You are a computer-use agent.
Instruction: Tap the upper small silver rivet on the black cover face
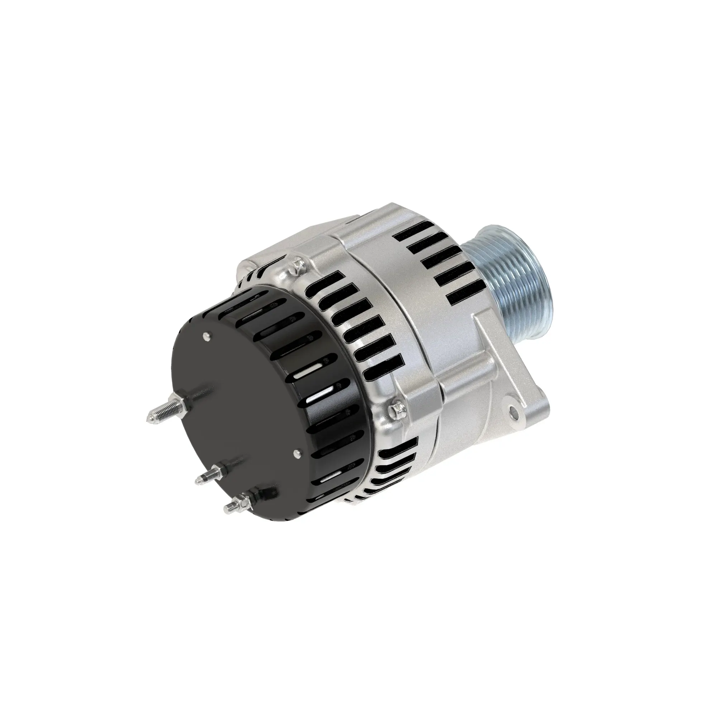pyautogui.click(x=206, y=337)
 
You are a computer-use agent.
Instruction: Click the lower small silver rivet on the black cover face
pyautogui.click(x=296, y=452)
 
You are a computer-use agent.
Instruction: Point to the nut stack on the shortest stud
pyautogui.click(x=245, y=497)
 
